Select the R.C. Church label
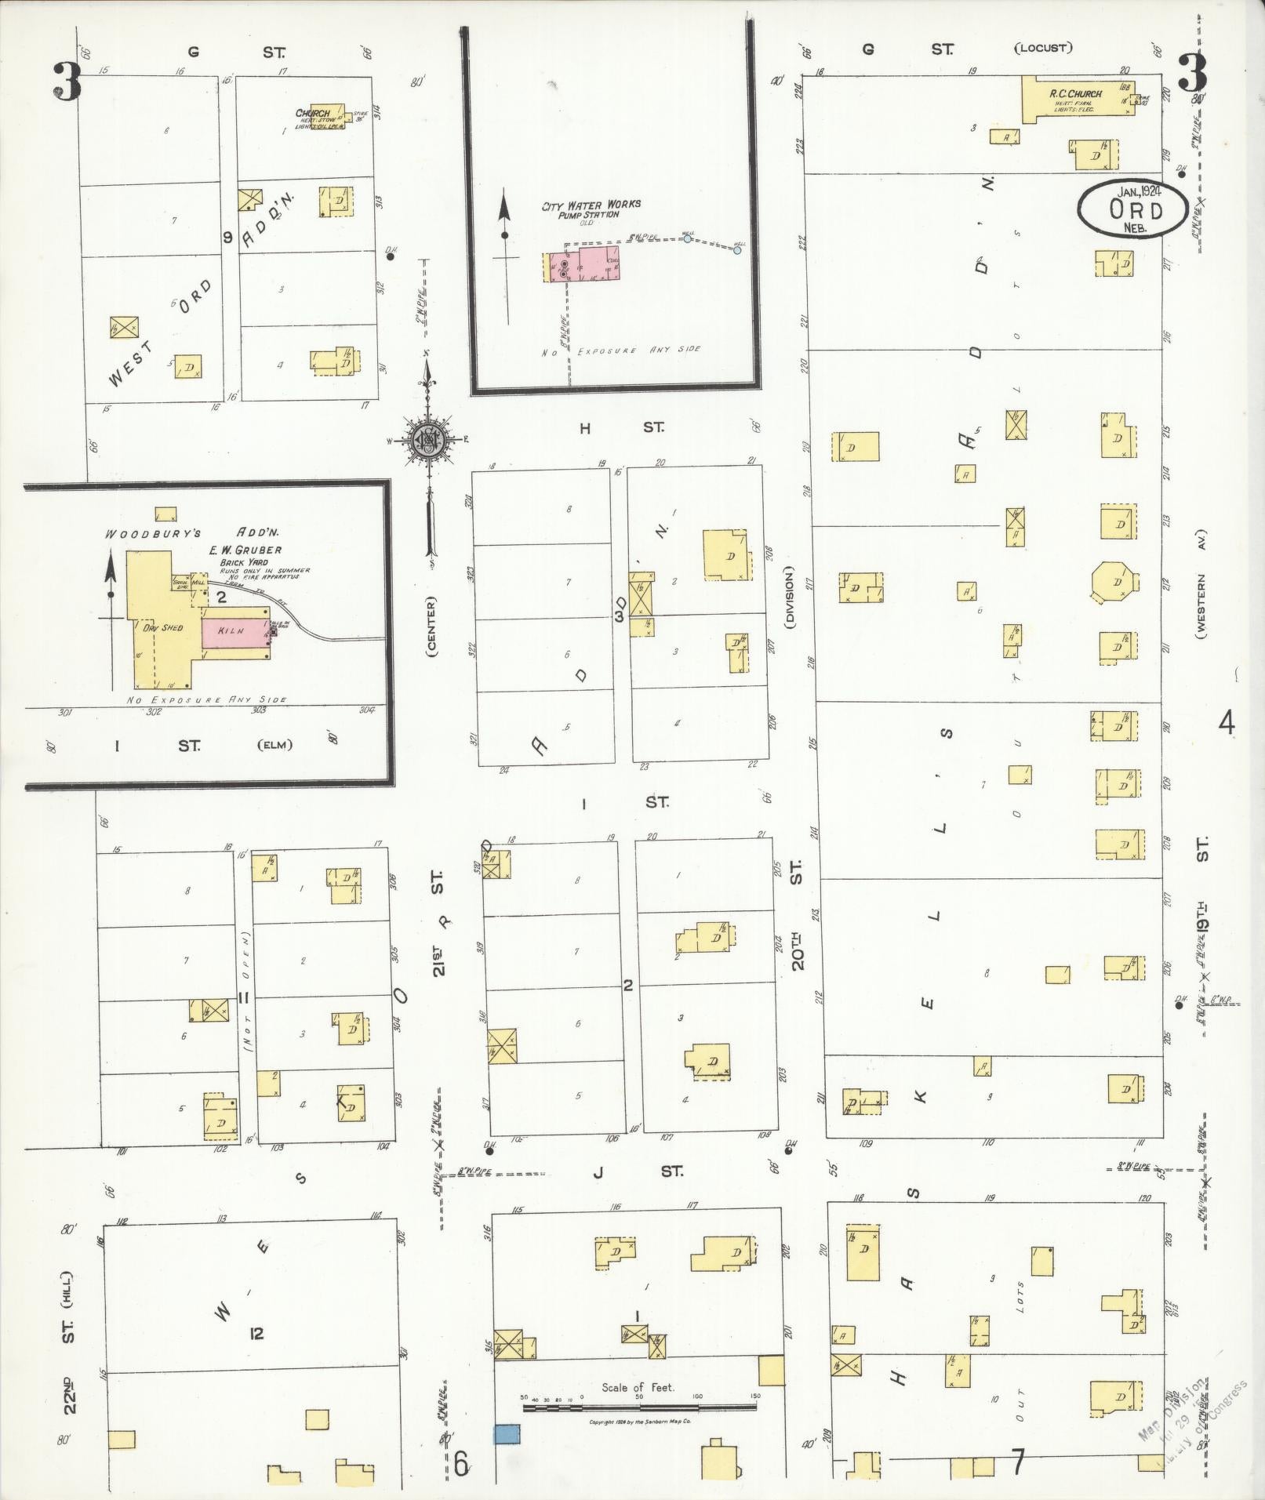1075,93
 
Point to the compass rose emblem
429,441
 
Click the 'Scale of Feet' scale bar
638,1407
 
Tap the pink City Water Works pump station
584,264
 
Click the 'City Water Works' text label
592,205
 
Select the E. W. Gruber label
245,550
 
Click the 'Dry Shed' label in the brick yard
162,627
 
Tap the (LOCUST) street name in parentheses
1042,48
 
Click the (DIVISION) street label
789,597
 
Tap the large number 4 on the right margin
1226,721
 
